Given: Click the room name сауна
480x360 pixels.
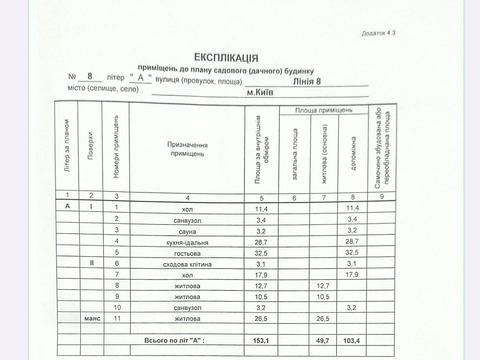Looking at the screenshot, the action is tap(181, 230).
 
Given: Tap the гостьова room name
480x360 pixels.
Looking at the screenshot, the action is tap(181, 254).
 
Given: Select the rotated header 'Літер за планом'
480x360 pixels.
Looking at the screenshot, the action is tap(67, 150).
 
